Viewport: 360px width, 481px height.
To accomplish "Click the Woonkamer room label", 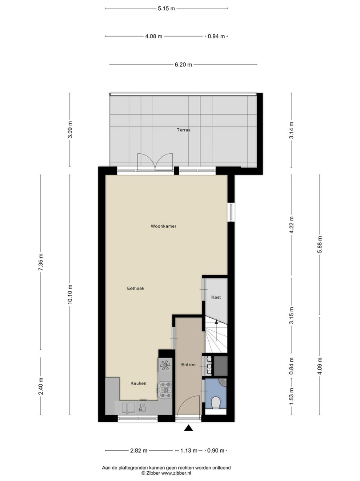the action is tap(163, 226).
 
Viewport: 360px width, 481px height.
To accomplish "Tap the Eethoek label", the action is tap(136, 288).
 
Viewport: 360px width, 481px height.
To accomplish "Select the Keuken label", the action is tap(138, 383).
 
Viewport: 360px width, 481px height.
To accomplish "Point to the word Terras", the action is tap(183, 130).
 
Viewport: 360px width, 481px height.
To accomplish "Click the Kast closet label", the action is tap(216, 297).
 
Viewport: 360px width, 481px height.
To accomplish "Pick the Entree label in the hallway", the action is tap(188, 365).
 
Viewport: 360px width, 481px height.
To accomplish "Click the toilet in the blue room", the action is tap(216, 403).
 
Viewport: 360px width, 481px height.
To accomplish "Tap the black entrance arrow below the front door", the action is tap(188, 428).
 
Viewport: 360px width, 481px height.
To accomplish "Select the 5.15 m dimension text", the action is tap(166, 8).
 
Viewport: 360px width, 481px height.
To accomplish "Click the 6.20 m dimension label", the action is tap(183, 65).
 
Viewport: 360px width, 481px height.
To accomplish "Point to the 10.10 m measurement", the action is tap(70, 294).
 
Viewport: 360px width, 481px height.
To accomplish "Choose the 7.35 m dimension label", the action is tap(41, 262).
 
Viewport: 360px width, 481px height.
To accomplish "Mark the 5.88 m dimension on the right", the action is tap(320, 245).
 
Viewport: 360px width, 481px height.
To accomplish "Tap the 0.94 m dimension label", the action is tap(216, 37).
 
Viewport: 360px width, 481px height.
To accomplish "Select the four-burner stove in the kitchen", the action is tap(166, 390).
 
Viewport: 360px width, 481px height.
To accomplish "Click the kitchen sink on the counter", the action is tap(129, 408).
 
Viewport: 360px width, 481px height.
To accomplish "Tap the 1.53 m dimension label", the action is tap(291, 396).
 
